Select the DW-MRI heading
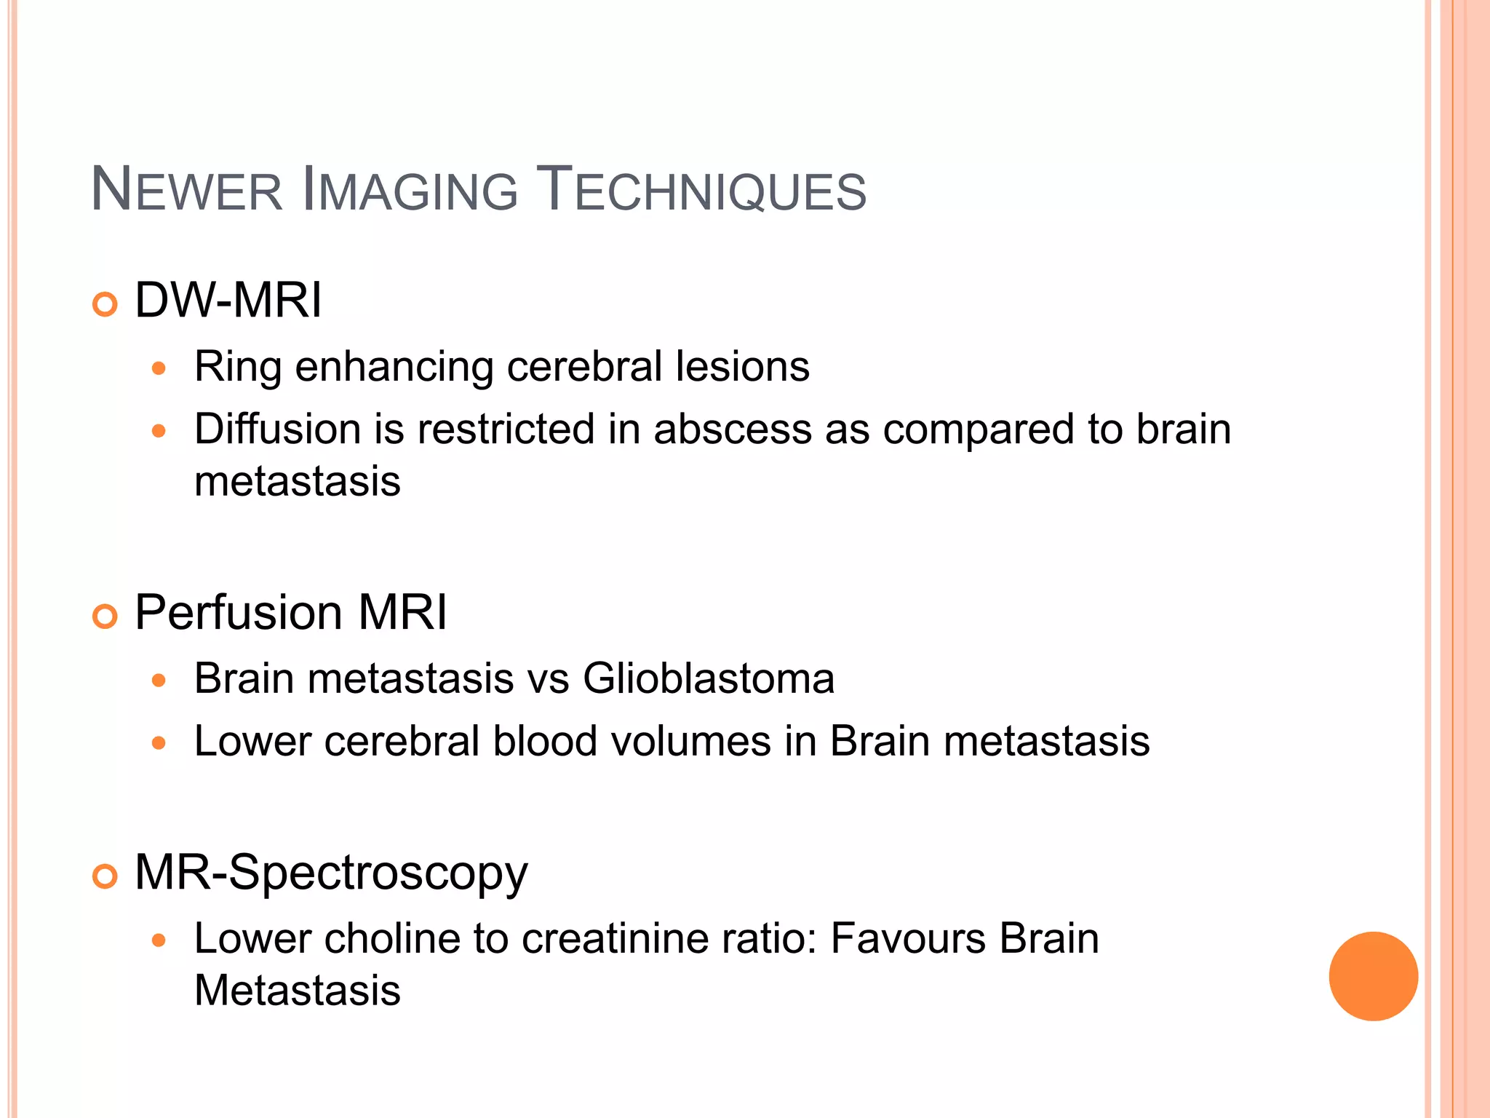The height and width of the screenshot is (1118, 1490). tap(228, 300)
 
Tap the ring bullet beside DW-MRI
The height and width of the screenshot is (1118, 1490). tap(105, 304)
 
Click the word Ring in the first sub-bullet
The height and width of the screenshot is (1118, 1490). tap(237, 366)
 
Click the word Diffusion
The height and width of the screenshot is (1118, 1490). tap(277, 429)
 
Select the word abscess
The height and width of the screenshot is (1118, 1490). tap(732, 429)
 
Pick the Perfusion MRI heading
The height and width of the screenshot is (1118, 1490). tap(290, 612)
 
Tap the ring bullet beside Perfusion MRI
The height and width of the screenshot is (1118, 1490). tap(105, 617)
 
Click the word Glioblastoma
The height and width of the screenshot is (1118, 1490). tap(708, 678)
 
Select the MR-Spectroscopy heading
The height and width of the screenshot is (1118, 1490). tap(331, 872)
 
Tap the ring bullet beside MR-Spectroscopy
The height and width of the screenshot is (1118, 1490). tap(105, 877)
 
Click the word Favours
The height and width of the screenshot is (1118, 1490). tap(908, 938)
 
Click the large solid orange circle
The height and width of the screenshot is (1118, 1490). tap(1373, 976)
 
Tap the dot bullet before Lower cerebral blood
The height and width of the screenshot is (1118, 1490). tap(159, 743)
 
